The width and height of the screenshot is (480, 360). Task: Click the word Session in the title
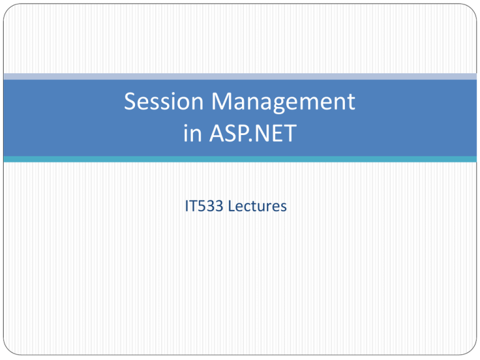click(x=164, y=101)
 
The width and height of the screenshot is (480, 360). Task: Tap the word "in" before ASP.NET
click(x=193, y=133)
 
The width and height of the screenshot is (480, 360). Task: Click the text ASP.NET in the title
click(x=253, y=133)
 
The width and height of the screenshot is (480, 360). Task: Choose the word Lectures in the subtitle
click(x=257, y=206)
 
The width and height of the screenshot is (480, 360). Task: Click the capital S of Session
click(x=131, y=101)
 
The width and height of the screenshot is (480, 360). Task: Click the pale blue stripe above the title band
click(x=240, y=76)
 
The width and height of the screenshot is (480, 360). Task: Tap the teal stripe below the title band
click(x=240, y=159)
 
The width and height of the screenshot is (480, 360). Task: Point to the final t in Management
click(x=351, y=102)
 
